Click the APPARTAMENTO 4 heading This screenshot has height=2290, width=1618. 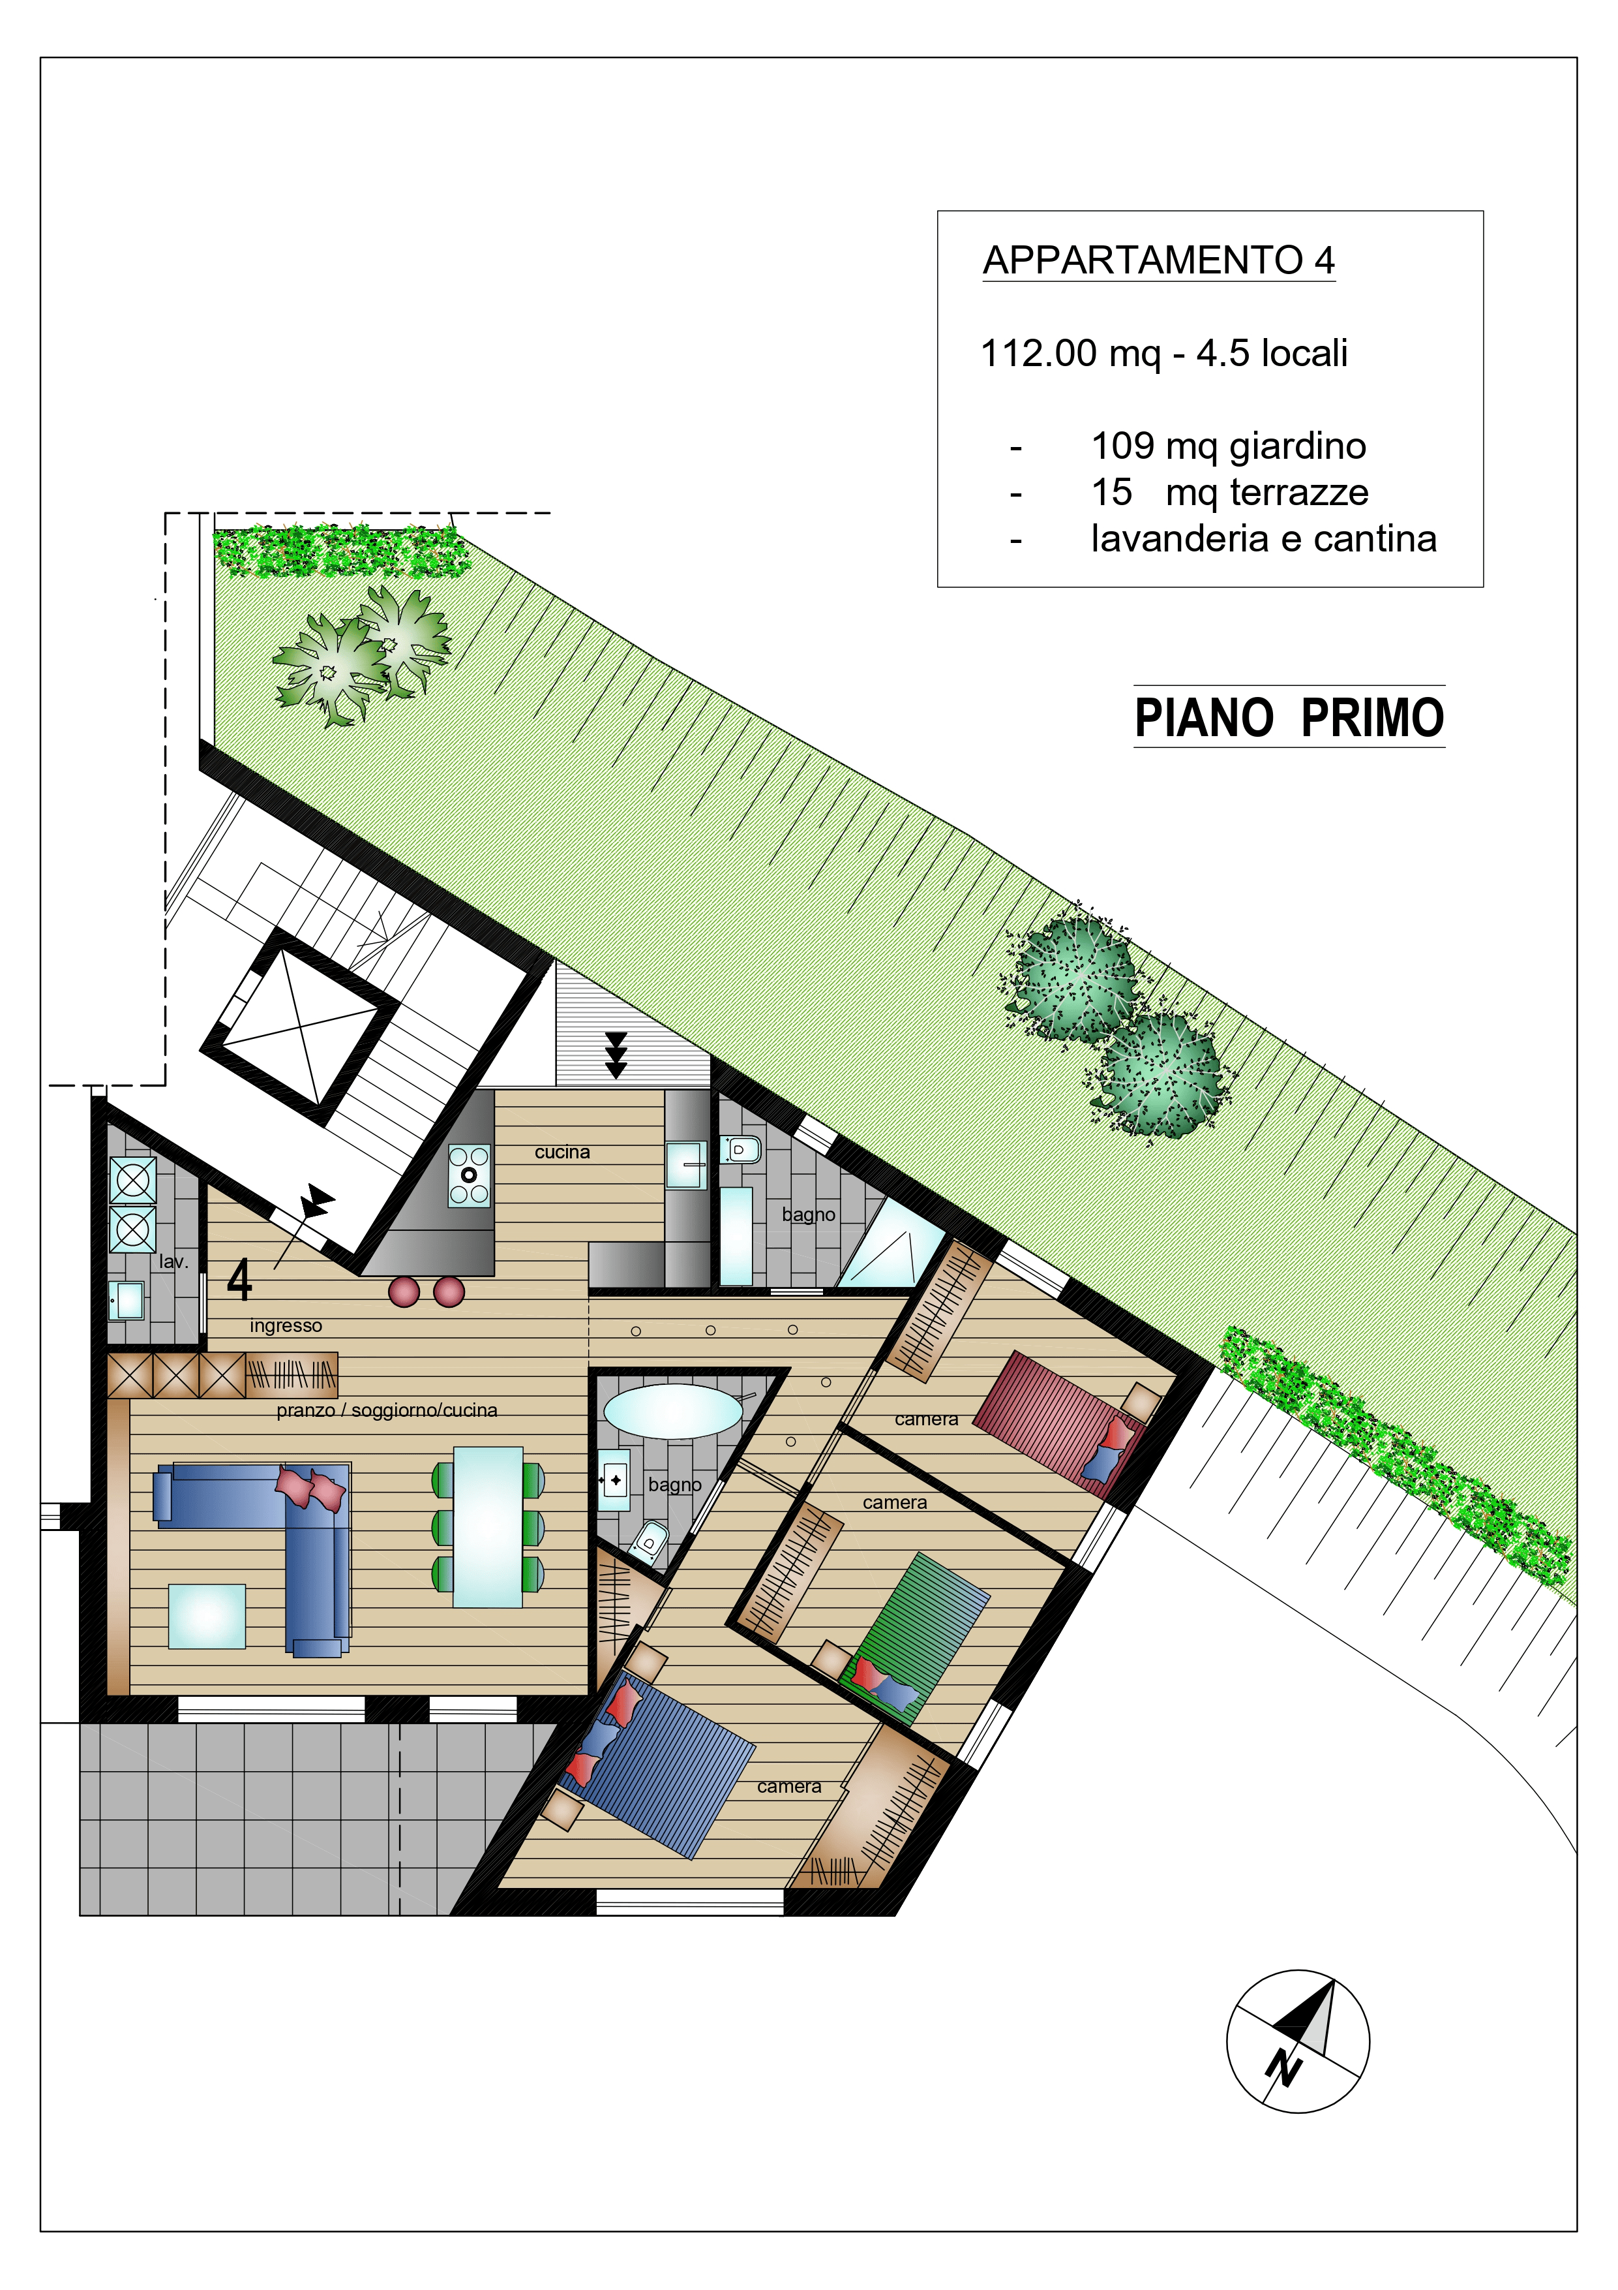coord(1158,260)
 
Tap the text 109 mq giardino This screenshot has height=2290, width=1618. coord(1228,446)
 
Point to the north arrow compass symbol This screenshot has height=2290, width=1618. coord(1297,2041)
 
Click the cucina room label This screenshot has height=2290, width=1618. coord(562,1152)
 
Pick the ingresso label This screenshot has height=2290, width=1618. coord(286,1325)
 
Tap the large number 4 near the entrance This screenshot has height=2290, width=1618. coord(239,1280)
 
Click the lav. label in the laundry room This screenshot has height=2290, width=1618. coord(173,1261)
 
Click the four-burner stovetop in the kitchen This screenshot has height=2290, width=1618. coord(468,1176)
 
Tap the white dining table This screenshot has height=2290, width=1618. coord(488,1527)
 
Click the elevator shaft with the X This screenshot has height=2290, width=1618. coord(299,1027)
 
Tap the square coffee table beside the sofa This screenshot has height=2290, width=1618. coord(207,1617)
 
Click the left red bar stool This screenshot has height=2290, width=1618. coord(404,1292)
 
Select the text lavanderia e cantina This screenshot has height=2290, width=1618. coord(1263,538)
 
